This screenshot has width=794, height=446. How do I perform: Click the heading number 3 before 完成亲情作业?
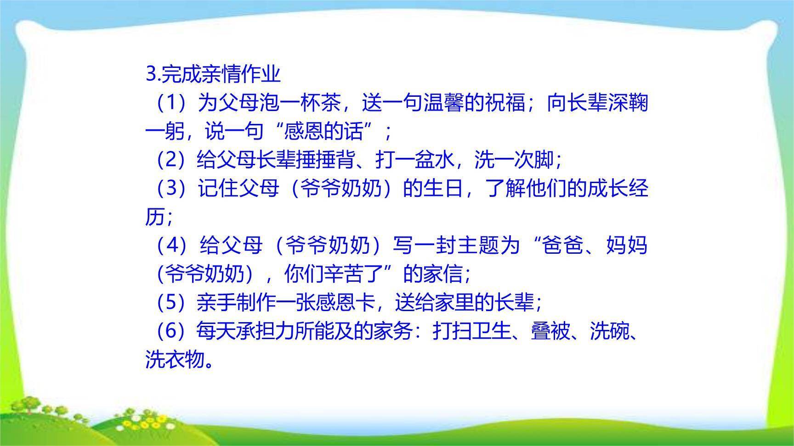151,74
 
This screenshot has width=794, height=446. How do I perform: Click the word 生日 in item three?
443,189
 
